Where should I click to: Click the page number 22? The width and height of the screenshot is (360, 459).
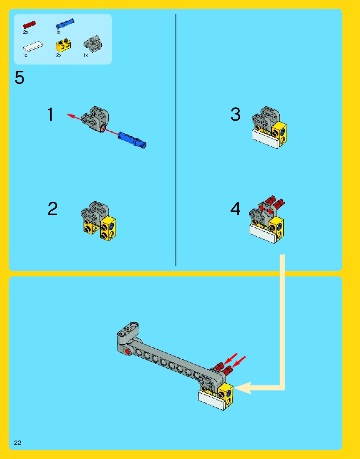(18, 443)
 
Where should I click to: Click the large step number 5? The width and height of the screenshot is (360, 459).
(19, 78)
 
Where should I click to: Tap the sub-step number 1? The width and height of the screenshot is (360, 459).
(50, 114)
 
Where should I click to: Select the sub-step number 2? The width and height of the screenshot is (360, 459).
(53, 209)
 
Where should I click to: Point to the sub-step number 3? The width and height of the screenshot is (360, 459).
(235, 114)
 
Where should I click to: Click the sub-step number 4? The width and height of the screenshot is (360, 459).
(235, 209)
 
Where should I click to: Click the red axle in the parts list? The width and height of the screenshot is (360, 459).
(30, 25)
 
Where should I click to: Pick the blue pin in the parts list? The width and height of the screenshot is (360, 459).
(65, 23)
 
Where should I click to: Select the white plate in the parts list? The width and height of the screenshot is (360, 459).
(33, 46)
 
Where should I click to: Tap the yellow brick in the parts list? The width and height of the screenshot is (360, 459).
(63, 45)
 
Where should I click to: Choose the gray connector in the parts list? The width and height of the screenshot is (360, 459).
(93, 44)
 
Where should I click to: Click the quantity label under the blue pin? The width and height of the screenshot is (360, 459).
(58, 32)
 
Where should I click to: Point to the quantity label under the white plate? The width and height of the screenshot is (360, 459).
(25, 55)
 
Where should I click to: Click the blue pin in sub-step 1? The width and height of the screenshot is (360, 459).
(132, 140)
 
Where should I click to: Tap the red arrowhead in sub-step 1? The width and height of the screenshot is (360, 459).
(71, 116)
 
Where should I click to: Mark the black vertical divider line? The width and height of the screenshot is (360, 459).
(176, 140)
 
